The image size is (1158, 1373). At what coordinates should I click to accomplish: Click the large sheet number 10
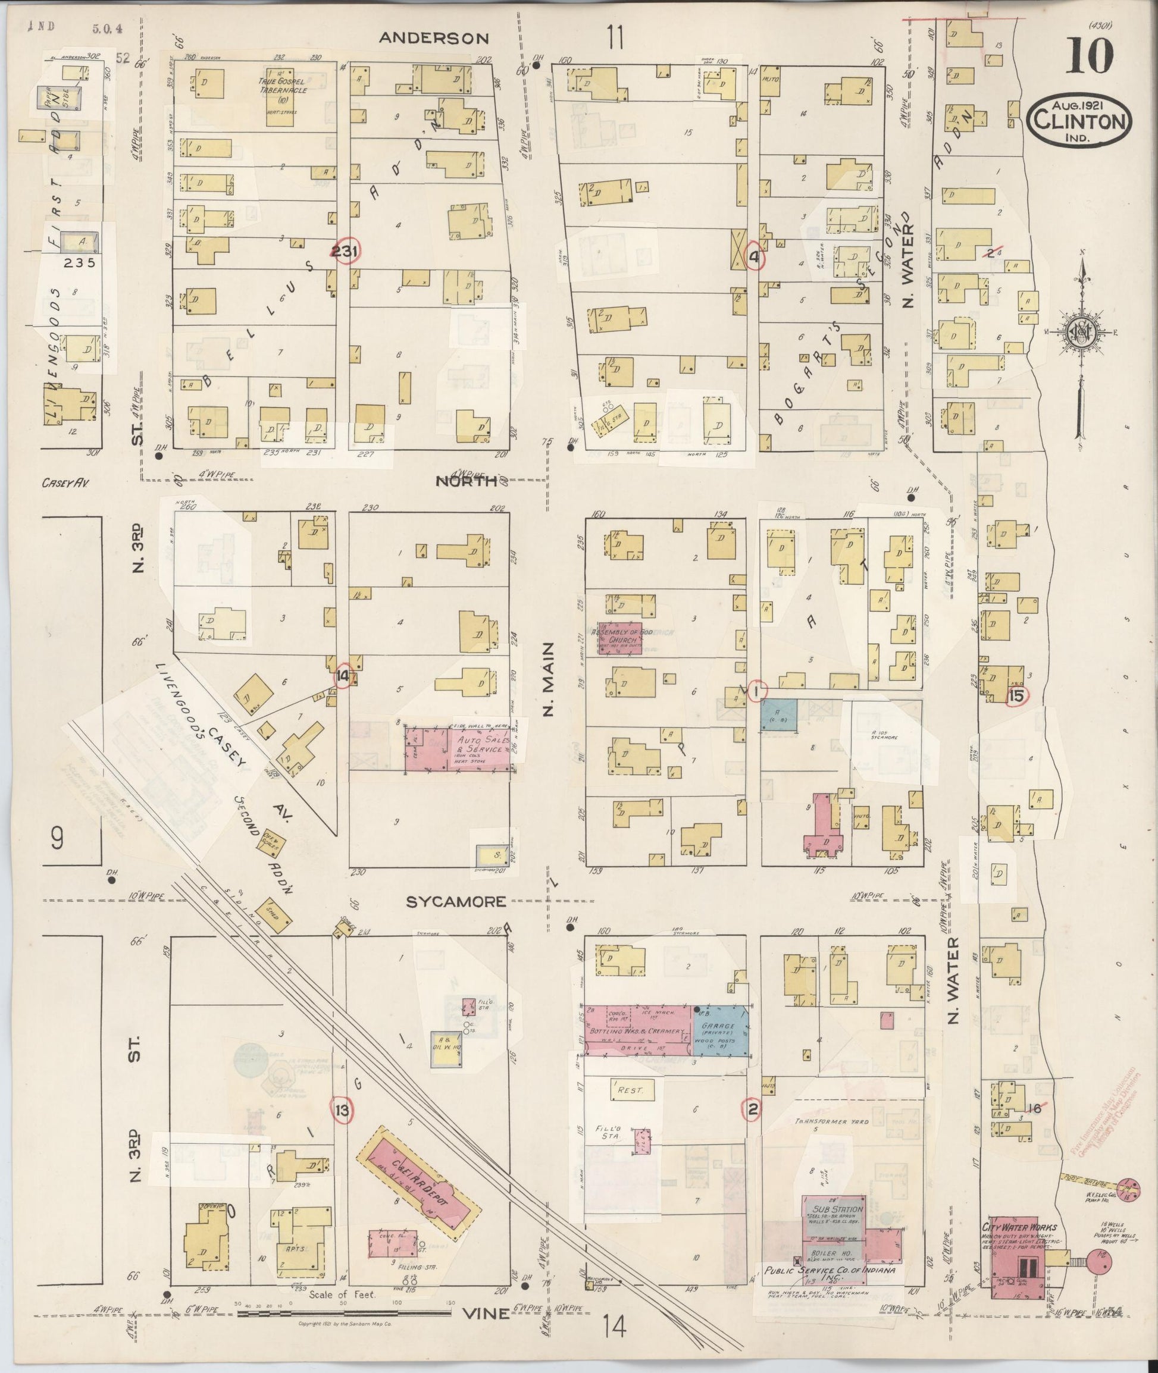(x=1089, y=57)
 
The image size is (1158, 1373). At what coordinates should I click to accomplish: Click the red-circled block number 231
(x=345, y=250)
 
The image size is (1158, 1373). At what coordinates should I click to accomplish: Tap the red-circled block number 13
(x=342, y=1109)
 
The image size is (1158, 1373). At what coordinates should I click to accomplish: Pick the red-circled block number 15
(x=1016, y=697)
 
